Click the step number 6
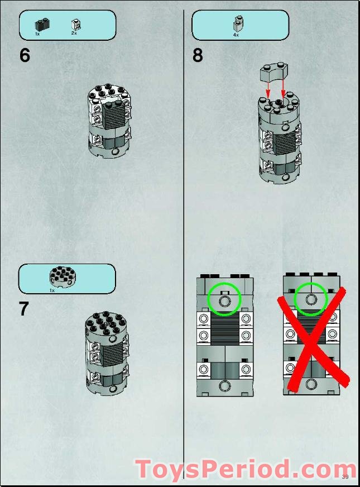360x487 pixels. pos(25,55)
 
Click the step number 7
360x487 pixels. pos(24,309)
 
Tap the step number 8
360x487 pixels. pos(198,55)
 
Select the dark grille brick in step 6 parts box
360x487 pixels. pos(43,25)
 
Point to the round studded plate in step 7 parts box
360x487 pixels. pos(63,277)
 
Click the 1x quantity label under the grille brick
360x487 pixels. pos(37,34)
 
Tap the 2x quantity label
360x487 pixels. pos(74,33)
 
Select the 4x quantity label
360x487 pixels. pos(236,35)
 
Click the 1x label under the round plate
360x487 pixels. pos(52,290)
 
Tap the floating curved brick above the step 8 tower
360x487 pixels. pos(273,73)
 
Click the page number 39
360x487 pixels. pos(345,477)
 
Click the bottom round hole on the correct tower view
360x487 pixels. pos(224,386)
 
